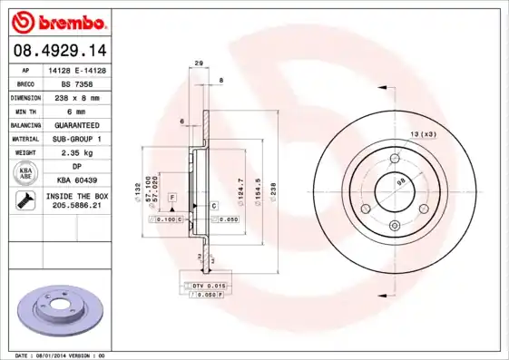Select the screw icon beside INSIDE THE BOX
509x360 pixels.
pos(24,201)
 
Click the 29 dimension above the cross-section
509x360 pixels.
pos(198,63)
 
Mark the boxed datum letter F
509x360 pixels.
pos(172,197)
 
